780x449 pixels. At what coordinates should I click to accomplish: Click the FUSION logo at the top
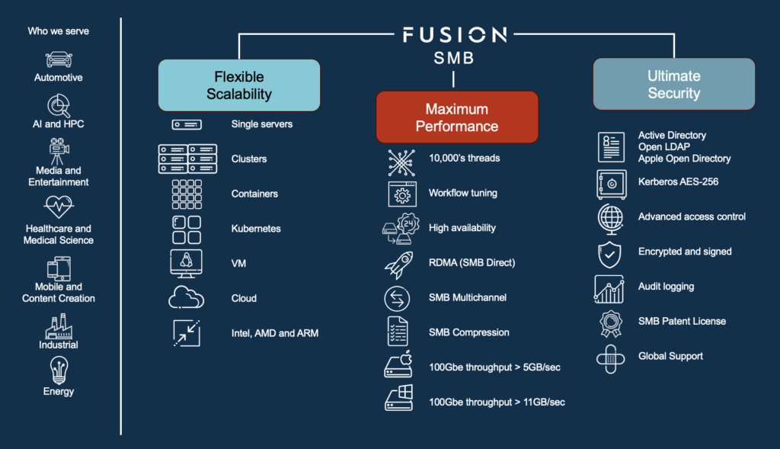[x=454, y=34]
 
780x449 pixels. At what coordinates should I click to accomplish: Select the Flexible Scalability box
[x=238, y=85]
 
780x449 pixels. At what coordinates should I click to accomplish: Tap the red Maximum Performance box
[x=457, y=117]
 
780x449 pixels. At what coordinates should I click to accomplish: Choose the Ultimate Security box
[x=673, y=85]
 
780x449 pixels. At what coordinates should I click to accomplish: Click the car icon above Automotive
[x=59, y=59]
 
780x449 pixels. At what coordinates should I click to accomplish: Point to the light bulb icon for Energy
[x=59, y=370]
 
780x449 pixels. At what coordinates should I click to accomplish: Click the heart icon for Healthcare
[x=59, y=207]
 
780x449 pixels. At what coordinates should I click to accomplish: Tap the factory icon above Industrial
[x=59, y=325]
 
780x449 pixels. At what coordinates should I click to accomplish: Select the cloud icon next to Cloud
[x=186, y=298]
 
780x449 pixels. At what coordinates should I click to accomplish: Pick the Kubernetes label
[x=256, y=229]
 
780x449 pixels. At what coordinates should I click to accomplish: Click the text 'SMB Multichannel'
[x=468, y=297]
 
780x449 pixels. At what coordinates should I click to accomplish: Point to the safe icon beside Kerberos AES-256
[x=611, y=182]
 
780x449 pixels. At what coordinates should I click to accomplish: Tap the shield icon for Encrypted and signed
[x=610, y=253]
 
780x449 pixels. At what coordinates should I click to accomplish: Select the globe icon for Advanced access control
[x=611, y=217]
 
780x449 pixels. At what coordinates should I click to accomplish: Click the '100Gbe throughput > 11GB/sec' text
[x=497, y=402]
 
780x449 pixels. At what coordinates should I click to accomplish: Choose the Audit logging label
[x=666, y=287]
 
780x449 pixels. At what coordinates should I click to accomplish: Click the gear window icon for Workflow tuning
[x=401, y=194]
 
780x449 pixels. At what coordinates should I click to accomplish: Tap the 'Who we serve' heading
[x=59, y=31]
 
